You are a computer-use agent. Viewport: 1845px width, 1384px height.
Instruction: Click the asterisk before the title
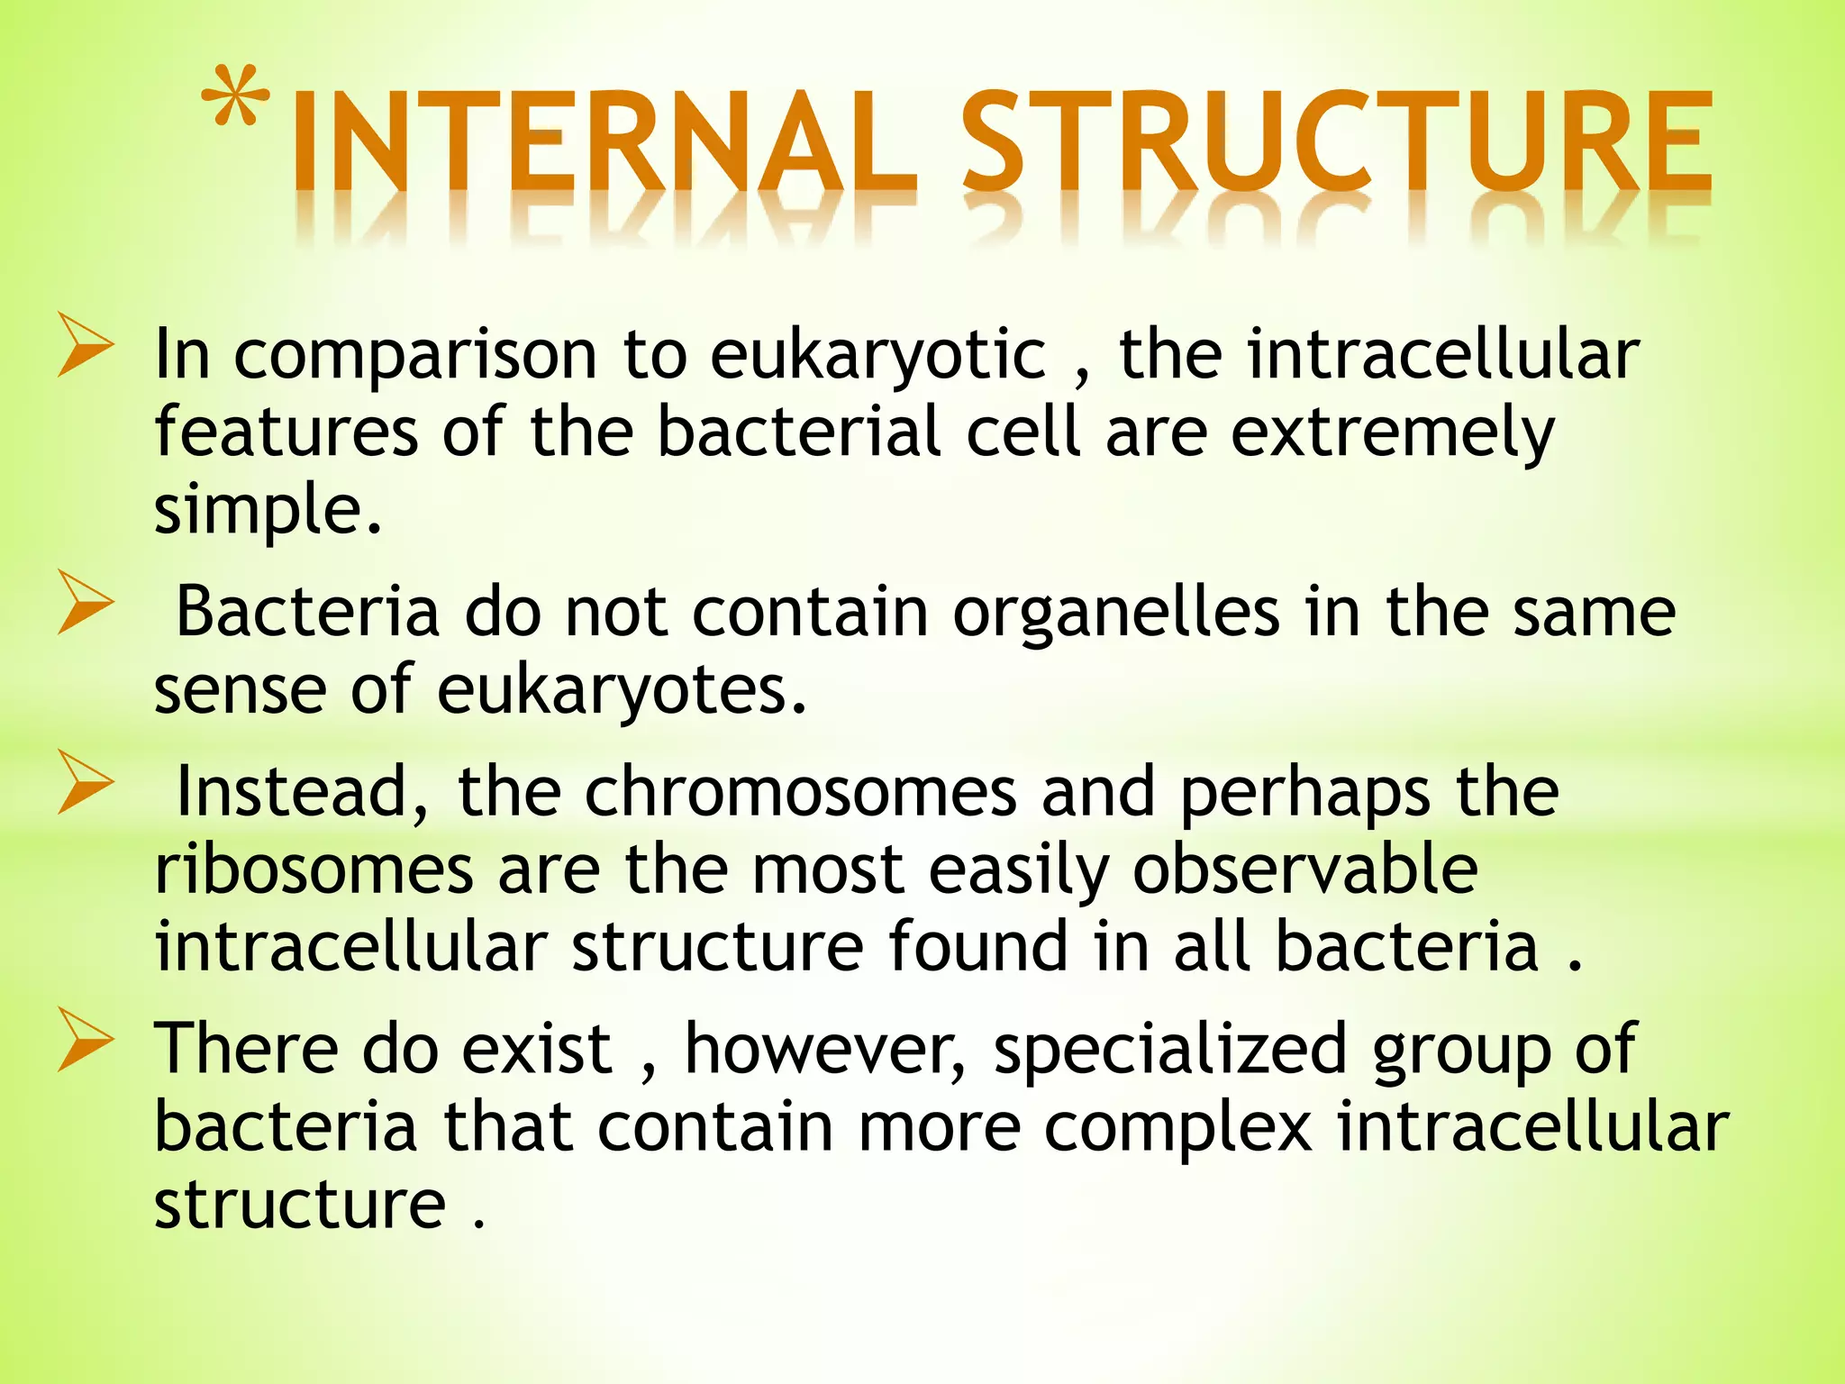236,97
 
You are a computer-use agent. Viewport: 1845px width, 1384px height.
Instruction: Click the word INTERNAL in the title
602,144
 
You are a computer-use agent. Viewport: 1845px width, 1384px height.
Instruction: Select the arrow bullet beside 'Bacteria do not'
86,601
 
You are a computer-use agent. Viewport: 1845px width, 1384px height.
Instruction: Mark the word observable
1304,870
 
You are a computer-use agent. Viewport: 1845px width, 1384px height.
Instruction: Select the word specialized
1169,1051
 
